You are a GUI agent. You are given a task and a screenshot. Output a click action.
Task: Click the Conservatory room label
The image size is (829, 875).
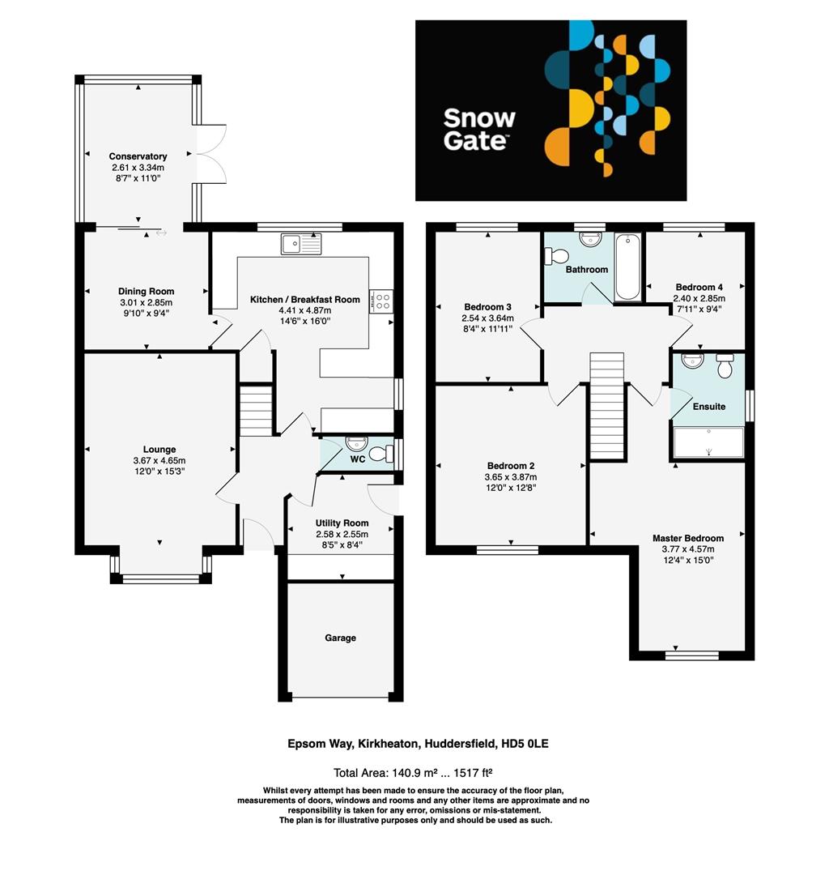138,156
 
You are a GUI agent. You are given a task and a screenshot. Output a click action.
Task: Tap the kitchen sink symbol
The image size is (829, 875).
301,243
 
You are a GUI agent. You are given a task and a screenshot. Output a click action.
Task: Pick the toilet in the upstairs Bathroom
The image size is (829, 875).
557,256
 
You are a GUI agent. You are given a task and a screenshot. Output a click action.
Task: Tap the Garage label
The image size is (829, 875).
341,638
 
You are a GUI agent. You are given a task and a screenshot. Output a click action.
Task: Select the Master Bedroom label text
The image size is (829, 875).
688,538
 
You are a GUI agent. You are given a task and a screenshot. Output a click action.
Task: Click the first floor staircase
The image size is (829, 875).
606,405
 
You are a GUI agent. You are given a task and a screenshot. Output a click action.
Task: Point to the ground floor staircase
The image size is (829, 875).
256,412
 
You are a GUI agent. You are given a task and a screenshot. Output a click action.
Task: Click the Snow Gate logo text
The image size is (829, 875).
478,129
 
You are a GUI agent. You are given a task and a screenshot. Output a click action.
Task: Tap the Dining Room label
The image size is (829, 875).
146,292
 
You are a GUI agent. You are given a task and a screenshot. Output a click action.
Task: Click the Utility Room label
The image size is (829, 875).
342,523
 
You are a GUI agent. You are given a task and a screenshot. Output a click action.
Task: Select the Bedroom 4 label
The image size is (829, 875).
699,287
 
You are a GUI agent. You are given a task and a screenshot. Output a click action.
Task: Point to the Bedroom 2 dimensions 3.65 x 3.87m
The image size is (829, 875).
511,476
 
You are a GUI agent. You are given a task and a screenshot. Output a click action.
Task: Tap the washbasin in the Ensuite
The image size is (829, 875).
693,361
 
